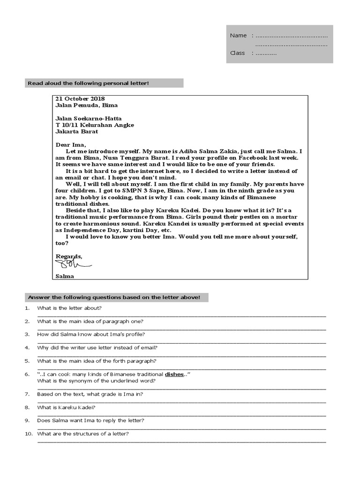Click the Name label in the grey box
238,36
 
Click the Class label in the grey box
238,53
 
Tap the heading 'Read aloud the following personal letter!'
88,83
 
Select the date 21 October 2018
80,99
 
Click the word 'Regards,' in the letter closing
69,256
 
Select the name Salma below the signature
65,277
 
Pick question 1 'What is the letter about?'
69,308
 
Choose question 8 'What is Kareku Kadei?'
69,407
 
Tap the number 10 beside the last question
28,434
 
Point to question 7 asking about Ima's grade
90,394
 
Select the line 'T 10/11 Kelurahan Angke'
95,125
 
